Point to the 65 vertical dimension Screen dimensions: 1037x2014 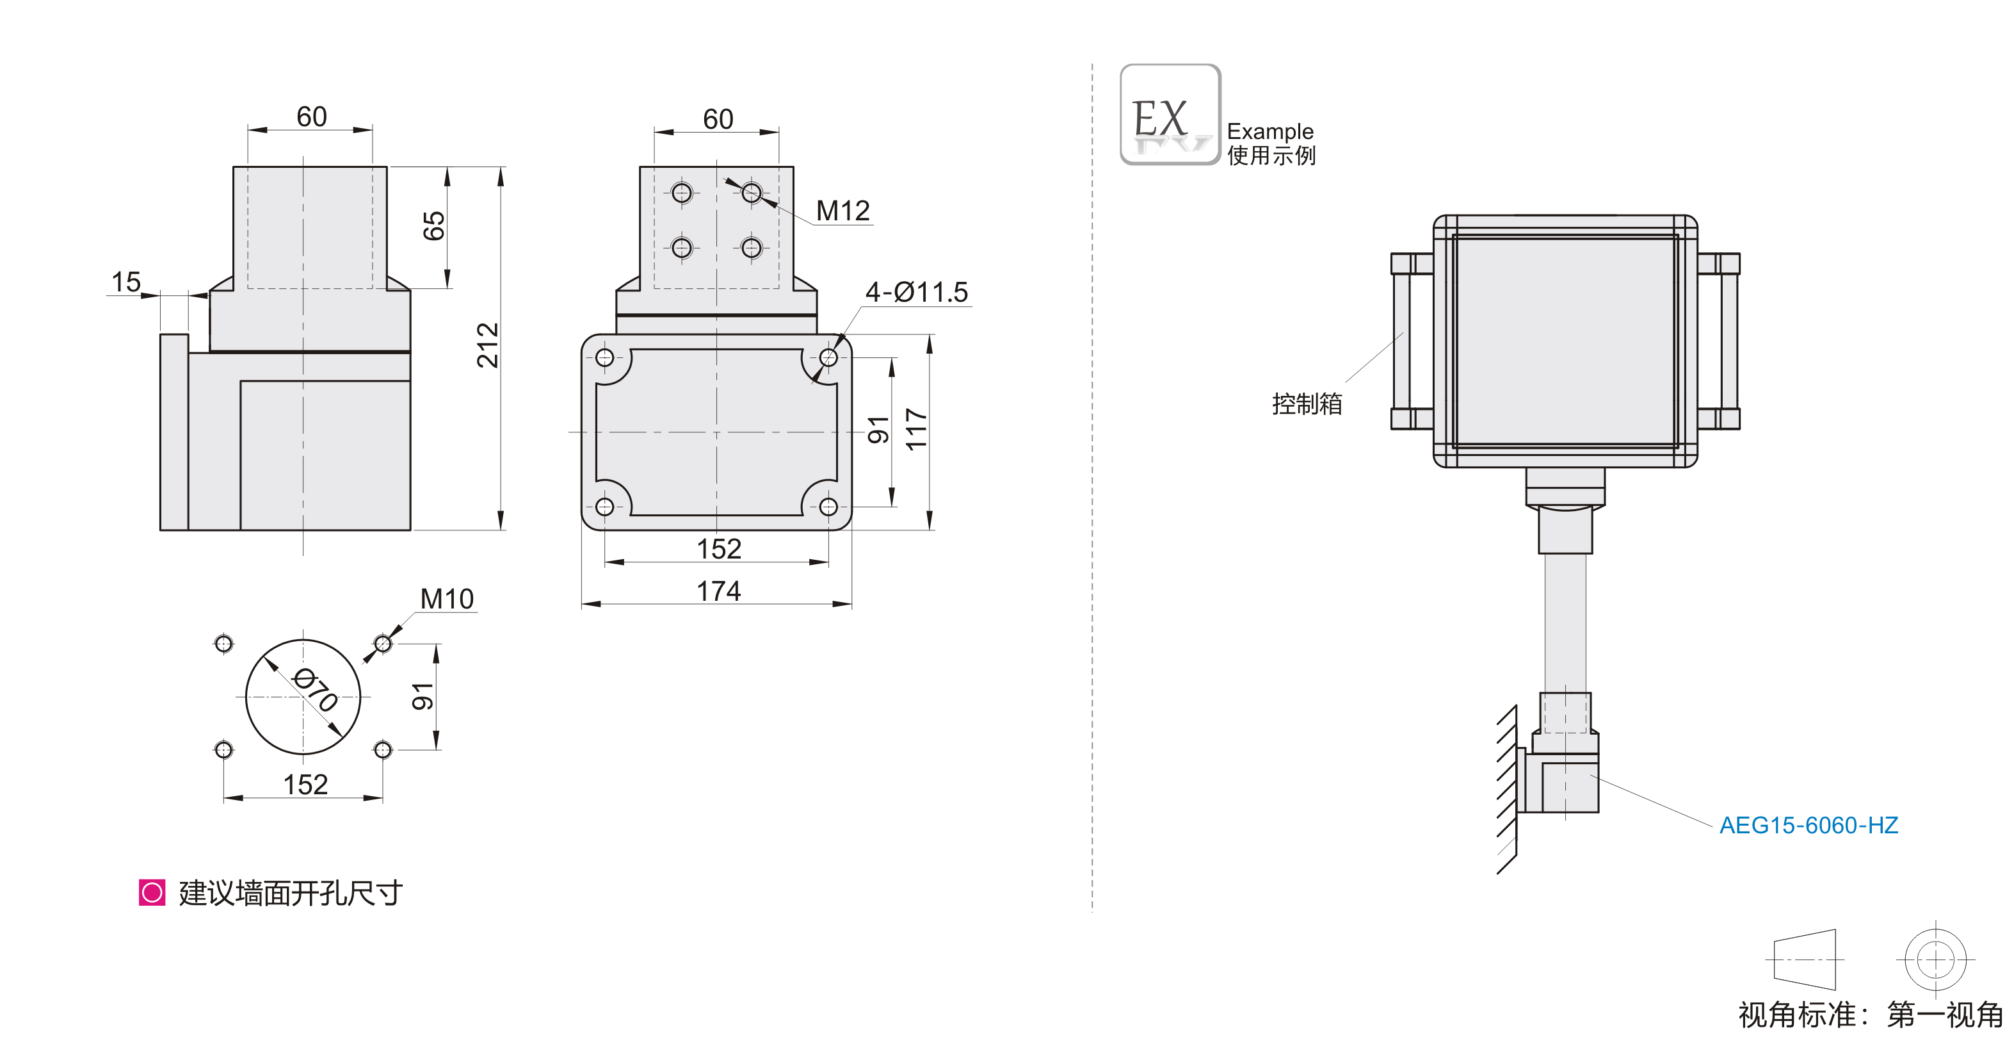tap(434, 226)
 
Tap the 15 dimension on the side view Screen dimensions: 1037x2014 tap(126, 282)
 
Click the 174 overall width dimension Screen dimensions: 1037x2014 tap(718, 591)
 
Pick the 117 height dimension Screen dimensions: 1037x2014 tap(915, 429)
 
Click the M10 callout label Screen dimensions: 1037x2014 tap(446, 598)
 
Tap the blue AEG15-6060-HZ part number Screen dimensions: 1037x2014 tap(1808, 825)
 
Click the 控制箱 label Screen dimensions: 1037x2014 tap(1307, 404)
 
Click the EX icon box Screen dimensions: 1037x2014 tap(1170, 115)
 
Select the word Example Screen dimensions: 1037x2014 tap(1269, 131)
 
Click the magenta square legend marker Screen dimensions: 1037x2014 tap(152, 892)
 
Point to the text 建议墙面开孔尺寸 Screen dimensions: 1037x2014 tap(290, 893)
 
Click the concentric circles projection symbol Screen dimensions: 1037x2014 tap(1935, 959)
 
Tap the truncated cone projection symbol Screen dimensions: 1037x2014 tap(1805, 959)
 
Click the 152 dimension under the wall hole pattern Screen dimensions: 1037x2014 tap(305, 785)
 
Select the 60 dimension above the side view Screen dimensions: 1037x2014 tap(311, 117)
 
